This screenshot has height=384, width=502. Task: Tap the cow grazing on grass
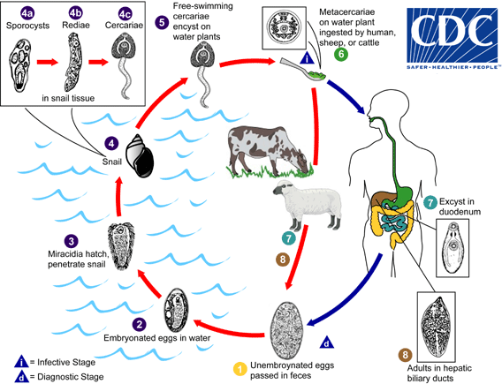click(x=270, y=149)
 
